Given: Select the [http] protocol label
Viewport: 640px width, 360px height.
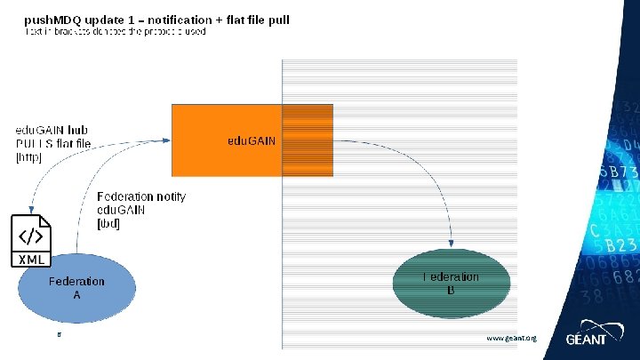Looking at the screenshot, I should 28,157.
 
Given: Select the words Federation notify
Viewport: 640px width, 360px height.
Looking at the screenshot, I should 140,196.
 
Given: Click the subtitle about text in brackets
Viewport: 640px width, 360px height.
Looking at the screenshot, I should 115,31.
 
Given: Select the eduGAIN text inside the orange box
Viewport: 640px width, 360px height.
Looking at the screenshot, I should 252,141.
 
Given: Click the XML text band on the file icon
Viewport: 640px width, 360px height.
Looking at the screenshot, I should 31,260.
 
